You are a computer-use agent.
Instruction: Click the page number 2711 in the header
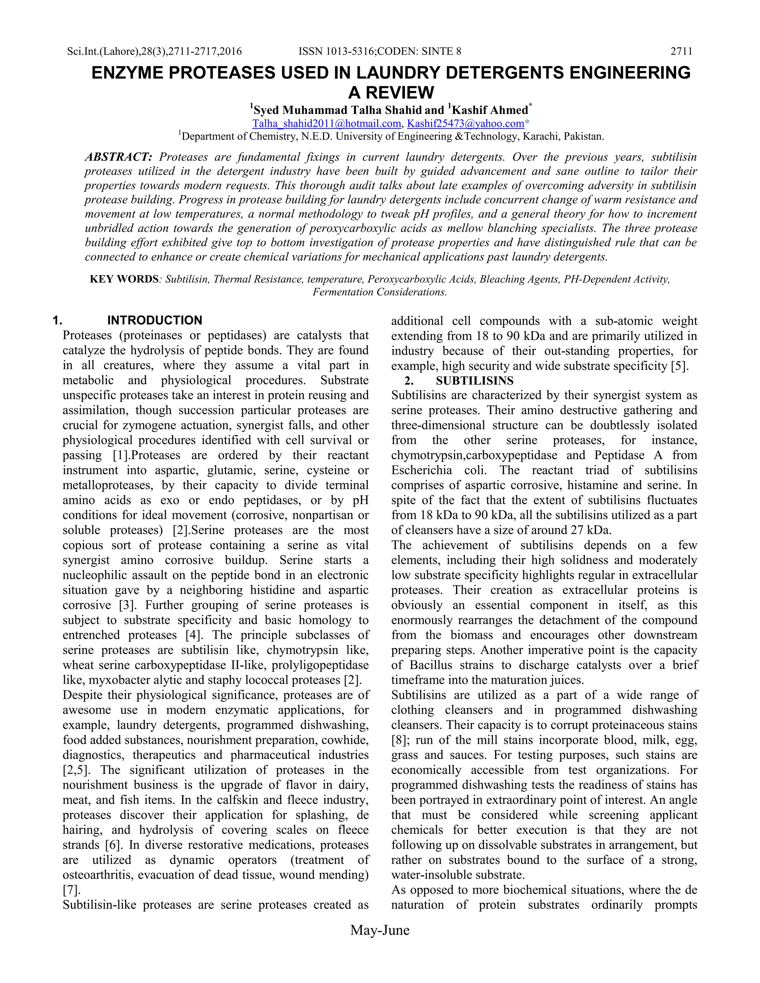click(x=681, y=51)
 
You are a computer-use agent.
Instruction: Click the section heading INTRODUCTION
click(x=154, y=320)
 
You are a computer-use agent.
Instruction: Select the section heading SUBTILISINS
click(x=474, y=381)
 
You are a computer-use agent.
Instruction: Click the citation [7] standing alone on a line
click(x=71, y=890)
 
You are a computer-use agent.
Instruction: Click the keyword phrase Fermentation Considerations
click(x=380, y=292)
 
